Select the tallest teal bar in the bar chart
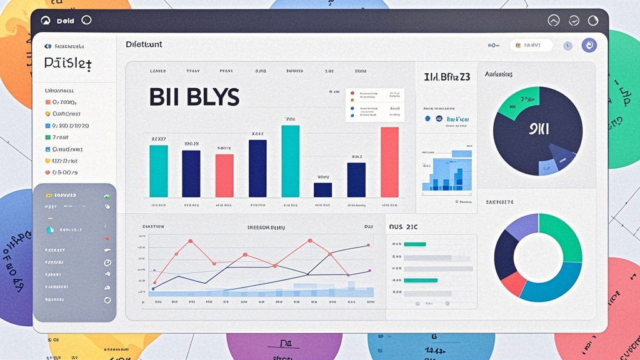pyautogui.click(x=290, y=161)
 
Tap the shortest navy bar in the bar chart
pyautogui.click(x=322, y=189)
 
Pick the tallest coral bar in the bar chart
pyautogui.click(x=389, y=162)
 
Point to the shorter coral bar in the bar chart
pyautogui.click(x=224, y=176)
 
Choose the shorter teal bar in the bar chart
pyautogui.click(x=159, y=171)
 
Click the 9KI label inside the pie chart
pyautogui.click(x=539, y=130)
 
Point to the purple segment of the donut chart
pyautogui.click(x=521, y=226)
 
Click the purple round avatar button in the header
pyautogui.click(x=589, y=45)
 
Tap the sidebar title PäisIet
pyautogui.click(x=69, y=64)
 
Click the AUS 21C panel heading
pyautogui.click(x=403, y=227)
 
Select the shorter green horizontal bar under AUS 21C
pyautogui.click(x=414, y=244)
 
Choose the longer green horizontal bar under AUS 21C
pyautogui.click(x=421, y=281)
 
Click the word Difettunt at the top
pyautogui.click(x=144, y=44)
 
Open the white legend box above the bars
pyautogui.click(x=375, y=105)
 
